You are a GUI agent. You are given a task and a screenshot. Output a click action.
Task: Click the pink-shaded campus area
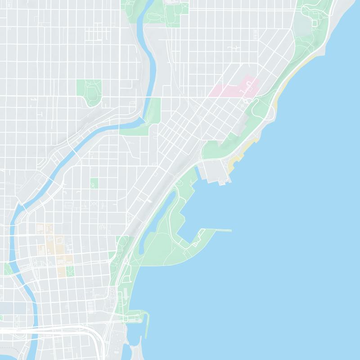tap(232, 90)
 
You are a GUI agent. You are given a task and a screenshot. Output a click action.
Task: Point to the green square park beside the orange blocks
tap(70, 271)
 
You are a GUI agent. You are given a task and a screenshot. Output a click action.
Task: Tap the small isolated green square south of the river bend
tap(94, 183)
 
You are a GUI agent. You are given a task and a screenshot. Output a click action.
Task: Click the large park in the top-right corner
tap(315, 22)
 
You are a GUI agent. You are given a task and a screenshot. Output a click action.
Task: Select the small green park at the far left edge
tap(7, 269)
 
